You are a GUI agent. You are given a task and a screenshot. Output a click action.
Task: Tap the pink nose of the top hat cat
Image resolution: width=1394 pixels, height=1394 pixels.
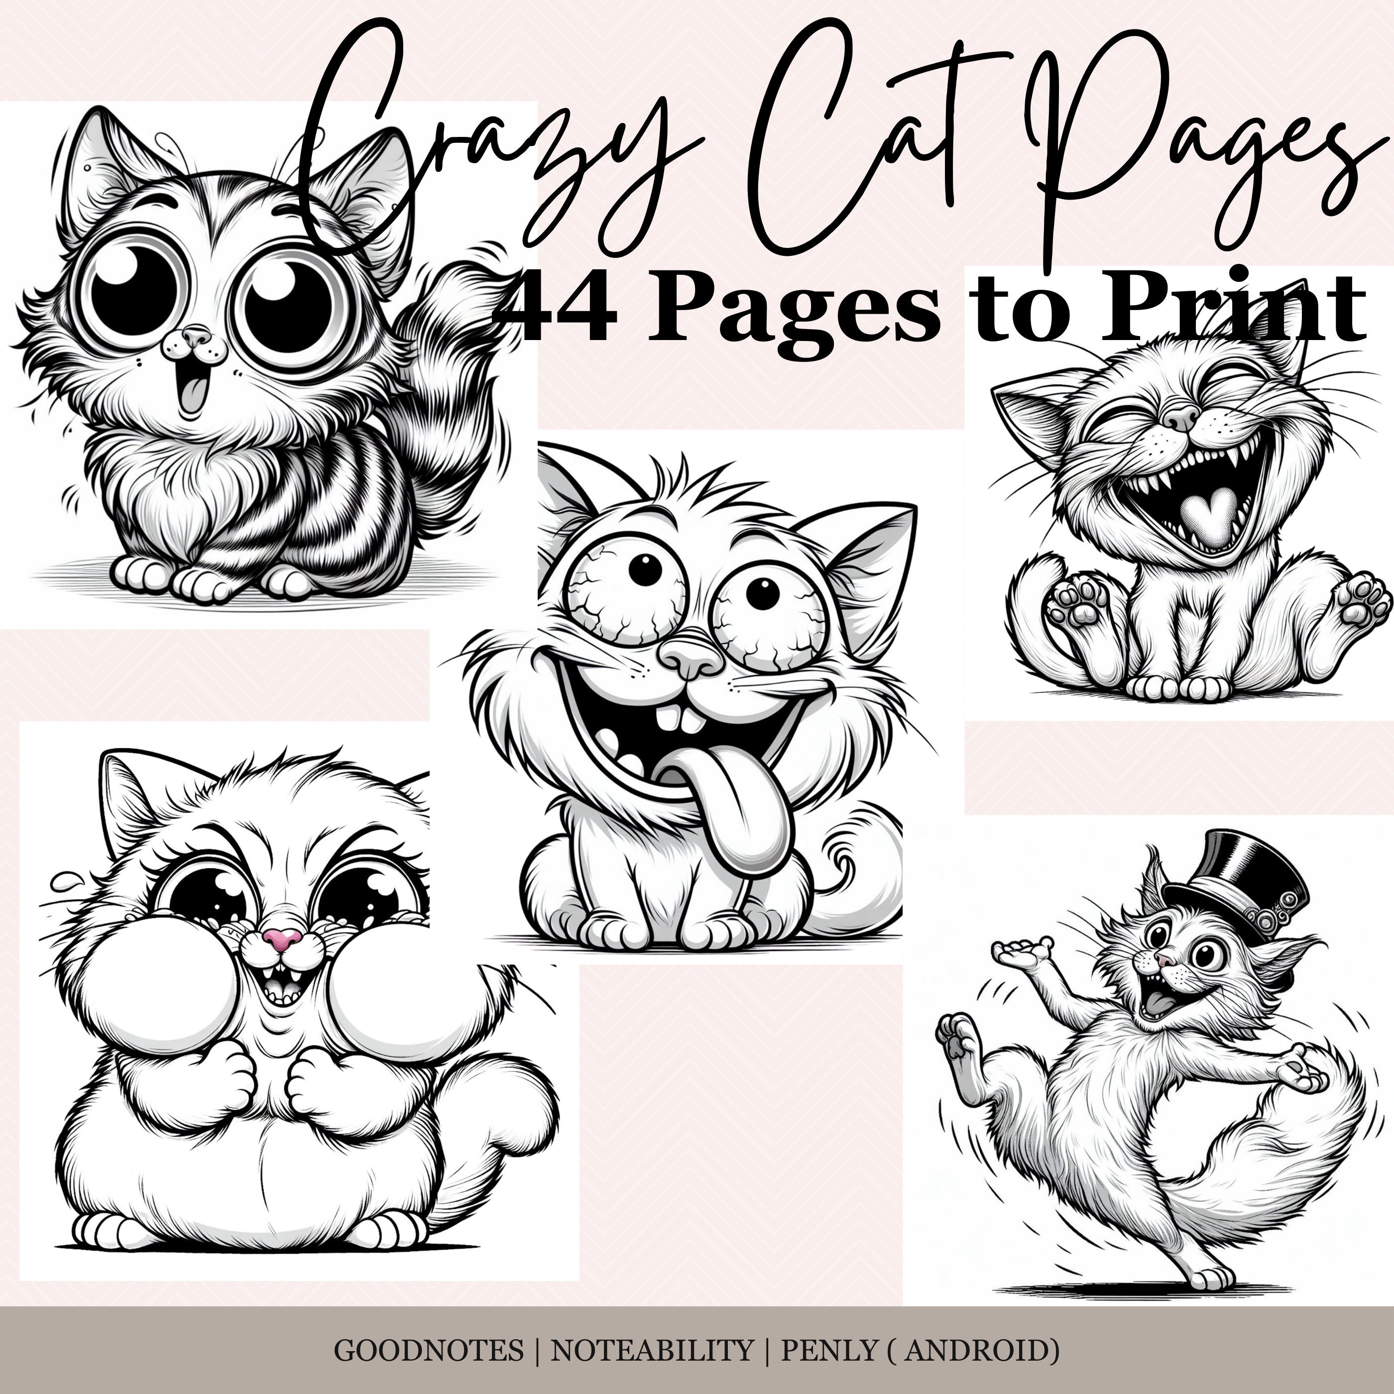tap(1162, 958)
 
